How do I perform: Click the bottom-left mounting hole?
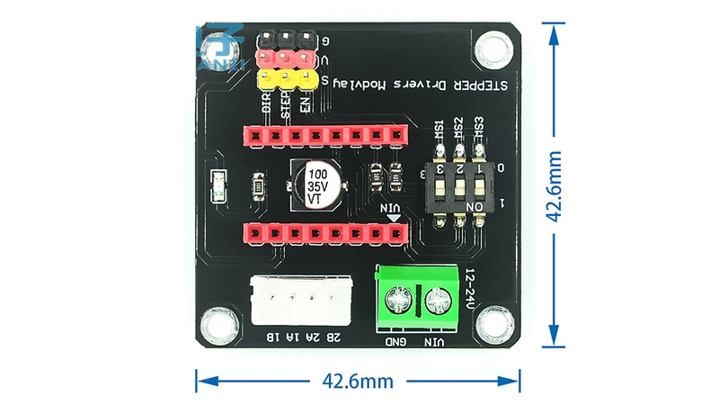[x=216, y=320]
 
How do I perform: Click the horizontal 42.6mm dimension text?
[x=358, y=381]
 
